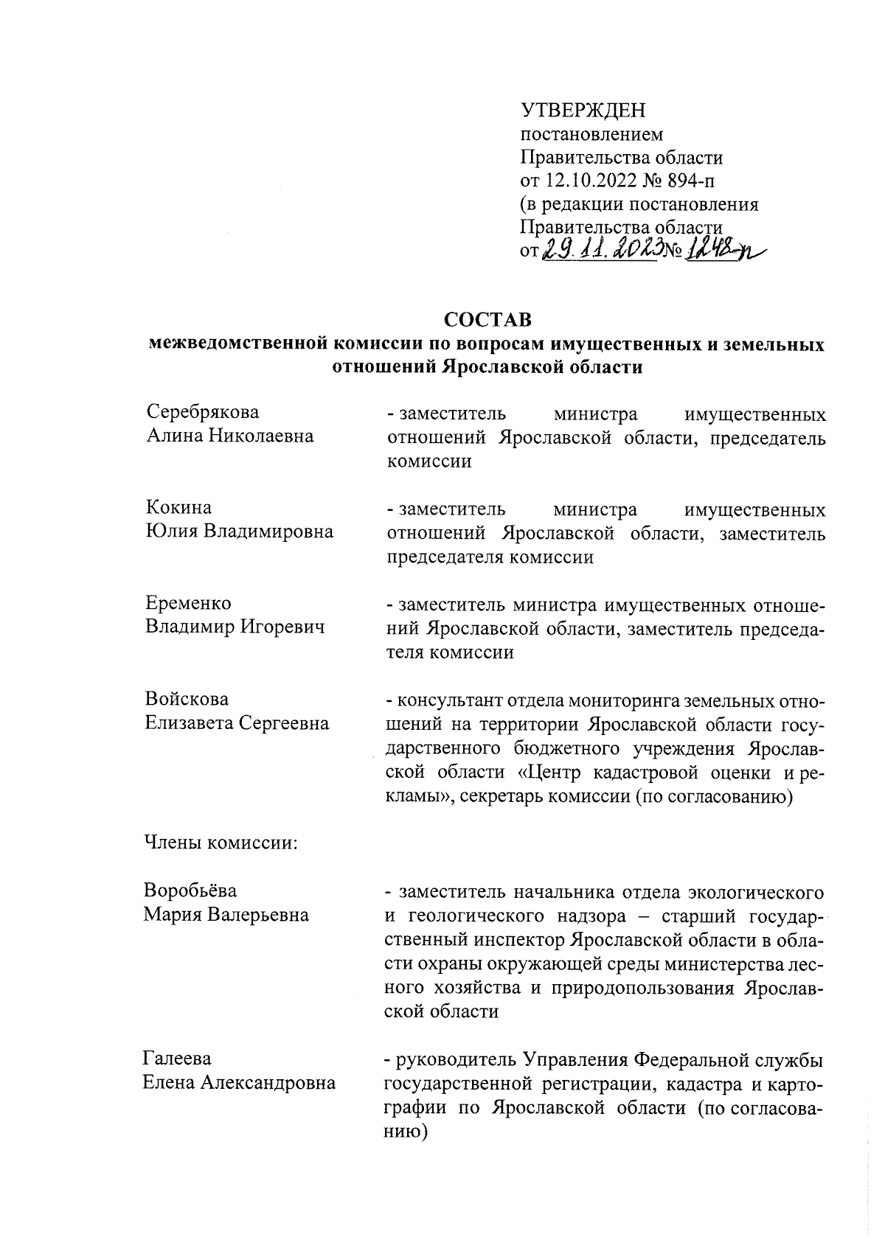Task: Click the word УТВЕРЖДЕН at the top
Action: (583, 111)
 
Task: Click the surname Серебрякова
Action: (203, 412)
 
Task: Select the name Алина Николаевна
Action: (229, 436)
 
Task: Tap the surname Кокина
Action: (178, 508)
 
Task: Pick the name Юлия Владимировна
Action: (239, 532)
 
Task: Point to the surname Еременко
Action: (188, 603)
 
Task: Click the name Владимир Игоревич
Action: (235, 627)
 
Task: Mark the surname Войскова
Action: (187, 699)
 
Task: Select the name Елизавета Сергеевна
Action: (237, 723)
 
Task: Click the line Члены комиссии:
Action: (220, 843)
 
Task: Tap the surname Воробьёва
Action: (190, 891)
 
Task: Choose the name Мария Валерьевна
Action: (226, 915)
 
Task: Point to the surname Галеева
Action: (177, 1059)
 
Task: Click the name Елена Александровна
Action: (239, 1083)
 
